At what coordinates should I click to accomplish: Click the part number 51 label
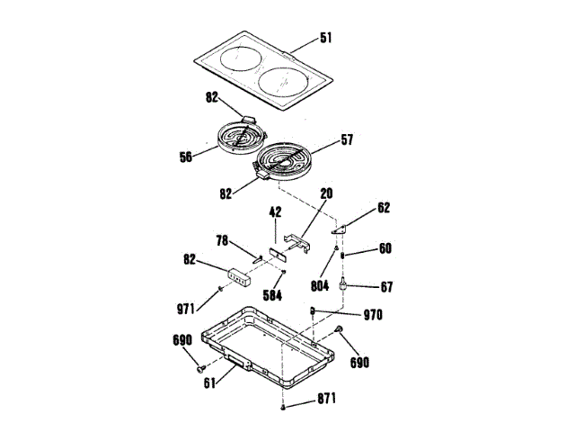point(325,39)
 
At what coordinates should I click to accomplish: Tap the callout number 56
point(186,156)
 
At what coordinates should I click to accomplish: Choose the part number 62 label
point(384,207)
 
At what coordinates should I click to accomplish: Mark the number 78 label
point(223,240)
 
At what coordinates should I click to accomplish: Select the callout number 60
point(385,248)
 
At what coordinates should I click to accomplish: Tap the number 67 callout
point(386,288)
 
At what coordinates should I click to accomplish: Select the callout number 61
point(209,382)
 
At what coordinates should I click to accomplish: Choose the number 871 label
point(324,399)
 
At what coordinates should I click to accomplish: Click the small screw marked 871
point(284,408)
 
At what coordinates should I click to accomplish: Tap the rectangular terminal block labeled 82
point(238,277)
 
